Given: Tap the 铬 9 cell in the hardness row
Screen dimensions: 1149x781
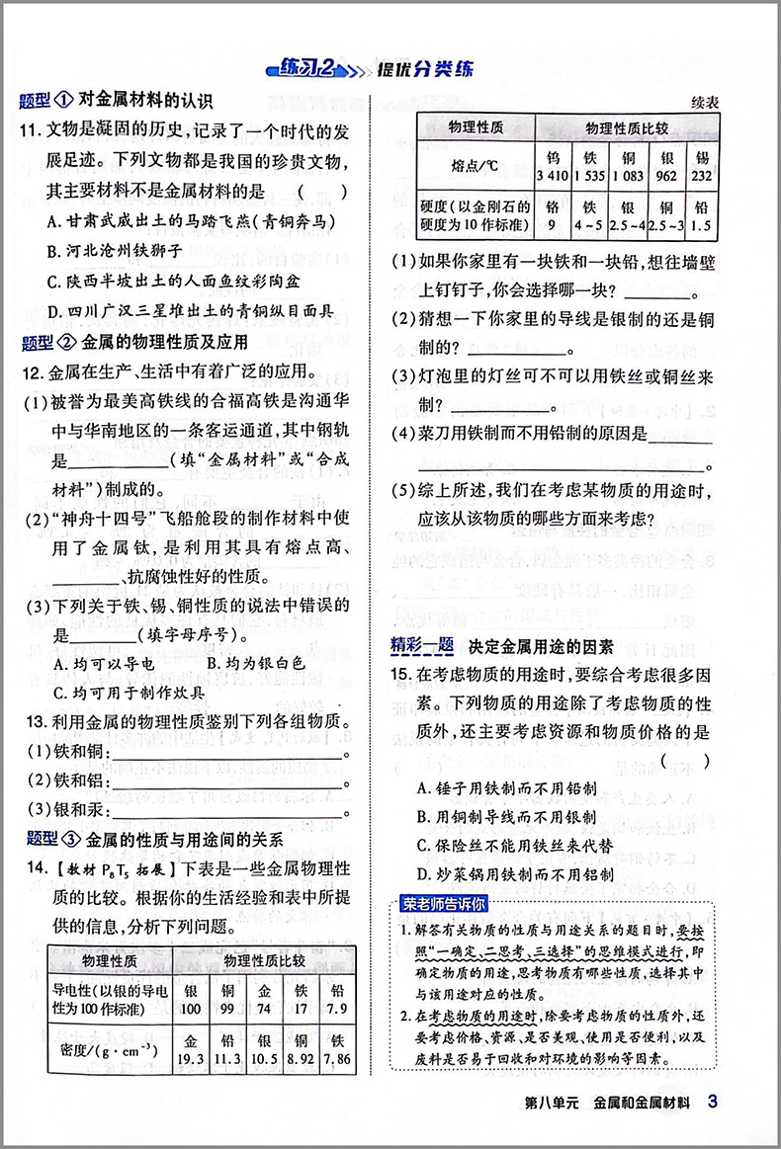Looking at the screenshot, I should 552,217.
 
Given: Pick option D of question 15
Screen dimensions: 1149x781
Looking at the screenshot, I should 514,874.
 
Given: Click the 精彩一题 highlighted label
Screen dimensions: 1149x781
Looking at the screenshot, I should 422,647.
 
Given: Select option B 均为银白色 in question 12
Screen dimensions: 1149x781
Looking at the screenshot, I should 255,664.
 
